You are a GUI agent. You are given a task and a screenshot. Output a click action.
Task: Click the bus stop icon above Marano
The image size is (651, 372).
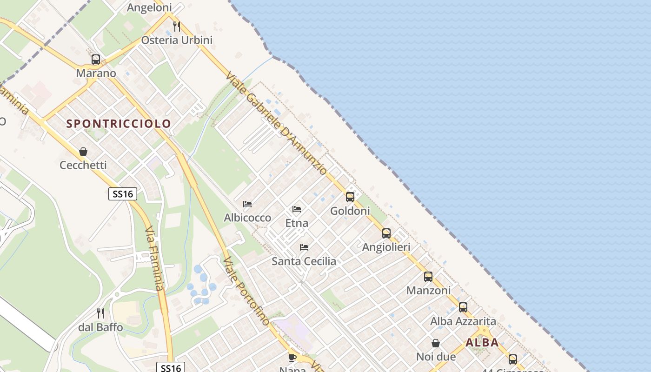[96, 60]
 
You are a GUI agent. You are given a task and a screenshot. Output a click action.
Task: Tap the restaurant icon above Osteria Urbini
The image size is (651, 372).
[176, 26]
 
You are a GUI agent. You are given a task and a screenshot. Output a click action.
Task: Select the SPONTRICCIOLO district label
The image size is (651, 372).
[119, 124]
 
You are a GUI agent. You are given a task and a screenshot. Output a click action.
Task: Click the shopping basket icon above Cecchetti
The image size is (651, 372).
[83, 152]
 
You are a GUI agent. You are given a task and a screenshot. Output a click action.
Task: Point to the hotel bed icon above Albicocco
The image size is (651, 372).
[247, 204]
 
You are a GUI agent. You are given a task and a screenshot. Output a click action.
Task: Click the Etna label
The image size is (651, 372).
[297, 223]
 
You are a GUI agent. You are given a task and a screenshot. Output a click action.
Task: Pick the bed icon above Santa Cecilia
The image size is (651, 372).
[304, 247]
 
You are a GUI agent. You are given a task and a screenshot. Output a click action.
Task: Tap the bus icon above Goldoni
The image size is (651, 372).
[350, 197]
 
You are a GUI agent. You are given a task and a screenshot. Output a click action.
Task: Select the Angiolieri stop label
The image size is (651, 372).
[386, 247]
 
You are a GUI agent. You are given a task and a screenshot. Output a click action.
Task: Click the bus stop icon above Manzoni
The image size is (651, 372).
[428, 277]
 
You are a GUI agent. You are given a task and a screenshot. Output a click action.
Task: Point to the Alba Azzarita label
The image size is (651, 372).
[463, 321]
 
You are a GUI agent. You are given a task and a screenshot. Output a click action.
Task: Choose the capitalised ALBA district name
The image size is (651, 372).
[482, 343]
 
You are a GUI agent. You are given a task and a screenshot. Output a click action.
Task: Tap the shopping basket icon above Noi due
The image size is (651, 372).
[436, 343]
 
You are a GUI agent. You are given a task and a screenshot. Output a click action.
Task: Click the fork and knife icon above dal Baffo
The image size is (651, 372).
[100, 313]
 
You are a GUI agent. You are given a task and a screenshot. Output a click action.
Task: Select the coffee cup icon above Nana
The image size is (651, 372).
[292, 357]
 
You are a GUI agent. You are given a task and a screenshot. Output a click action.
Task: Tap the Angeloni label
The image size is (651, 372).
[149, 7]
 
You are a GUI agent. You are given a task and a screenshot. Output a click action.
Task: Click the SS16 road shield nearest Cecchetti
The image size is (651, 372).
[123, 194]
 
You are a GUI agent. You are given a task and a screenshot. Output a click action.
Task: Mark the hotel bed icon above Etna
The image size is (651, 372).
[297, 209]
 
